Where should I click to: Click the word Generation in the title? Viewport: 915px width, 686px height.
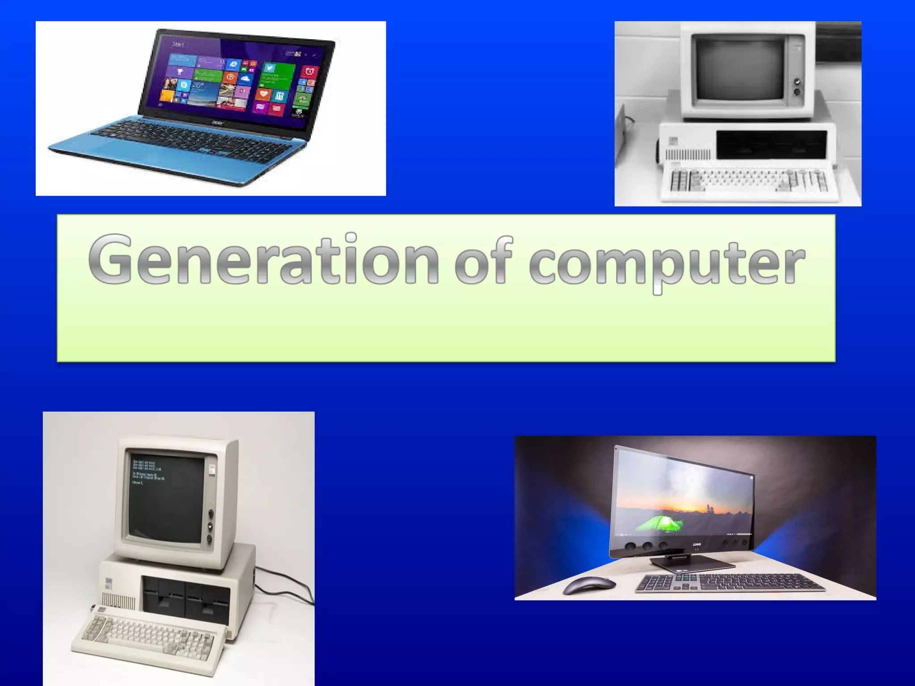point(264,260)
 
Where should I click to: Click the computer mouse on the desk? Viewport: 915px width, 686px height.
point(589,585)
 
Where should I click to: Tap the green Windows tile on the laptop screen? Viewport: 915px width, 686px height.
point(279,76)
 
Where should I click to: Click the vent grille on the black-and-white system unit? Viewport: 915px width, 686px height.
point(688,155)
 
